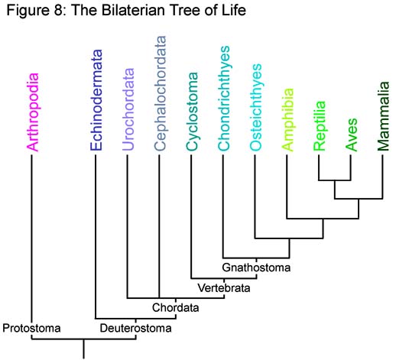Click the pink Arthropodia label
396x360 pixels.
point(33,112)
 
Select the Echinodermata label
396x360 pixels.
point(96,100)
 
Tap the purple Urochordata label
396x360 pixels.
point(128,109)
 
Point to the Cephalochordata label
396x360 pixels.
point(161,93)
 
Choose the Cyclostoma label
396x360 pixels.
point(192,112)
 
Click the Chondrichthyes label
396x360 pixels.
point(224,98)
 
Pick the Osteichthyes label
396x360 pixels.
point(255,107)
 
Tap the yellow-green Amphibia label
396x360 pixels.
point(288,120)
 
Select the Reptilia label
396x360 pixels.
point(320,126)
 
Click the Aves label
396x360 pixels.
point(352,135)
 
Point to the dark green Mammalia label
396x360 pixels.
point(384,116)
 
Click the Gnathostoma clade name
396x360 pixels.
point(256,268)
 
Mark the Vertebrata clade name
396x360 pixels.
point(224,288)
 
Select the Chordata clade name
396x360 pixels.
point(176,307)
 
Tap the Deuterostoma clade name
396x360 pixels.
point(135,328)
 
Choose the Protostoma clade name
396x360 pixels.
point(31,328)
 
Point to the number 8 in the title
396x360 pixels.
point(57,11)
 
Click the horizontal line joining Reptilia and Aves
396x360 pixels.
point(335,180)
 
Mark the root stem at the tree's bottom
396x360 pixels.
point(83,349)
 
